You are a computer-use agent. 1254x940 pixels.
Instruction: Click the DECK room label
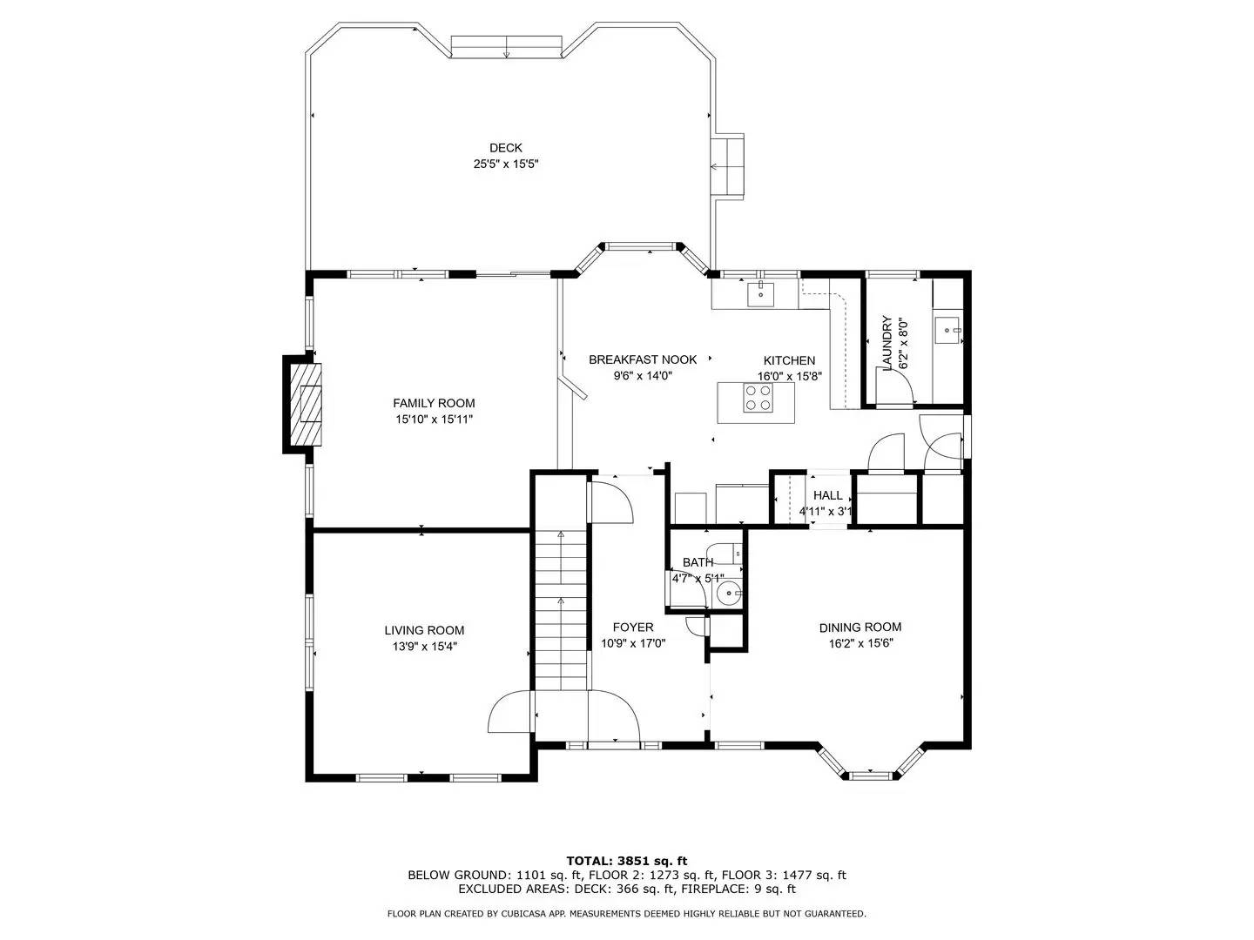(x=505, y=148)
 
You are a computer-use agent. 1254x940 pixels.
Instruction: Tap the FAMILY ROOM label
(x=434, y=403)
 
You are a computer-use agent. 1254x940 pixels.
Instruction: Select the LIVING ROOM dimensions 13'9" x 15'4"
(x=424, y=646)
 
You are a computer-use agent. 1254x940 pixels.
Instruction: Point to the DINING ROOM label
(x=860, y=627)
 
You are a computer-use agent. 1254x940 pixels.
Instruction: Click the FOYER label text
(x=633, y=627)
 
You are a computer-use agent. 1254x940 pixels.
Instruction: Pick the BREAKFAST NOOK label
(x=643, y=359)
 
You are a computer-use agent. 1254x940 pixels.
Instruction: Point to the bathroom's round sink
(x=726, y=594)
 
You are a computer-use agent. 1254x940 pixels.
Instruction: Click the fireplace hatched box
(x=309, y=404)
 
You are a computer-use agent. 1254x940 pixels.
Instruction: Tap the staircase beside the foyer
(x=561, y=609)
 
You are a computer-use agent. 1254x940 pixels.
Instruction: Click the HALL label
(x=827, y=495)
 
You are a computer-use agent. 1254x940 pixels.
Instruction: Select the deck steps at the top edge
(x=506, y=47)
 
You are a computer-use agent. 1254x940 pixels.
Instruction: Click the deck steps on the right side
(x=728, y=165)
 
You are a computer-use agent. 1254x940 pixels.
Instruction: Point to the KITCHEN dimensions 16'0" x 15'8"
(x=789, y=377)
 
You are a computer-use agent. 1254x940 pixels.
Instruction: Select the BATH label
(x=698, y=562)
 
